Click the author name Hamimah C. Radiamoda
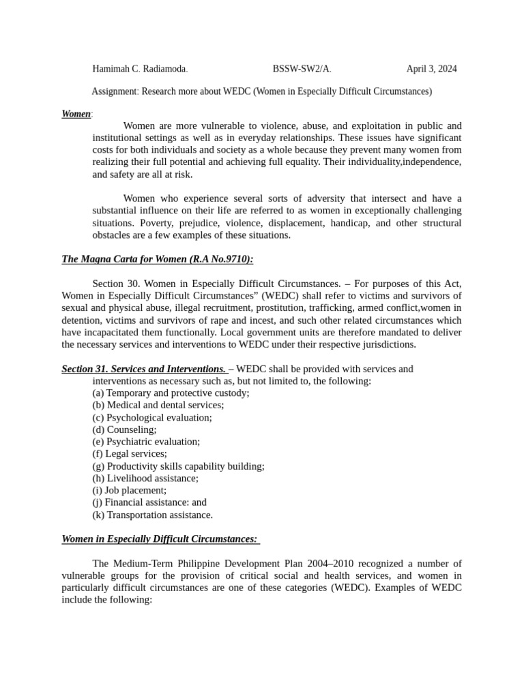click(139, 69)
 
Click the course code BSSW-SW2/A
click(302, 69)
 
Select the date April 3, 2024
click(431, 69)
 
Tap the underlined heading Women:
click(76, 114)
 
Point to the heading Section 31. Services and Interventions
click(143, 369)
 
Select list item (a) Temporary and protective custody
click(171, 393)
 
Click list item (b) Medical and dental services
click(158, 405)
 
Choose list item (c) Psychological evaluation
click(152, 417)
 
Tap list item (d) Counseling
click(124, 429)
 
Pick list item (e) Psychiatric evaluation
click(146, 442)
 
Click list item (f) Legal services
click(130, 453)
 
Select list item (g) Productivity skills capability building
click(178, 466)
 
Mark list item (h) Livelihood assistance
click(145, 479)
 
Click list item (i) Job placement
click(129, 490)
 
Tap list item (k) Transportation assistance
click(152, 515)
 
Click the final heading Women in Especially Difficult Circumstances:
click(160, 539)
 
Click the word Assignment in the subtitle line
click(115, 91)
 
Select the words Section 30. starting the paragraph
click(112, 284)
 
